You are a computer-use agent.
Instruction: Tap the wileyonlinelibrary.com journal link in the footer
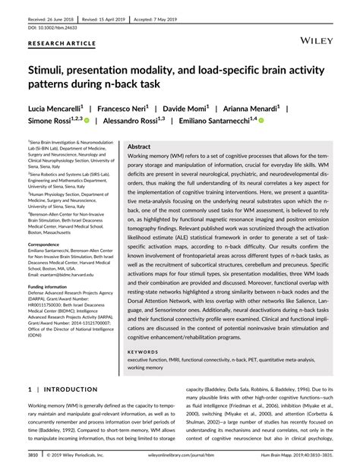(x=180, y=457)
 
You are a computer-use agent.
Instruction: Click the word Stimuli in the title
(x=51, y=68)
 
